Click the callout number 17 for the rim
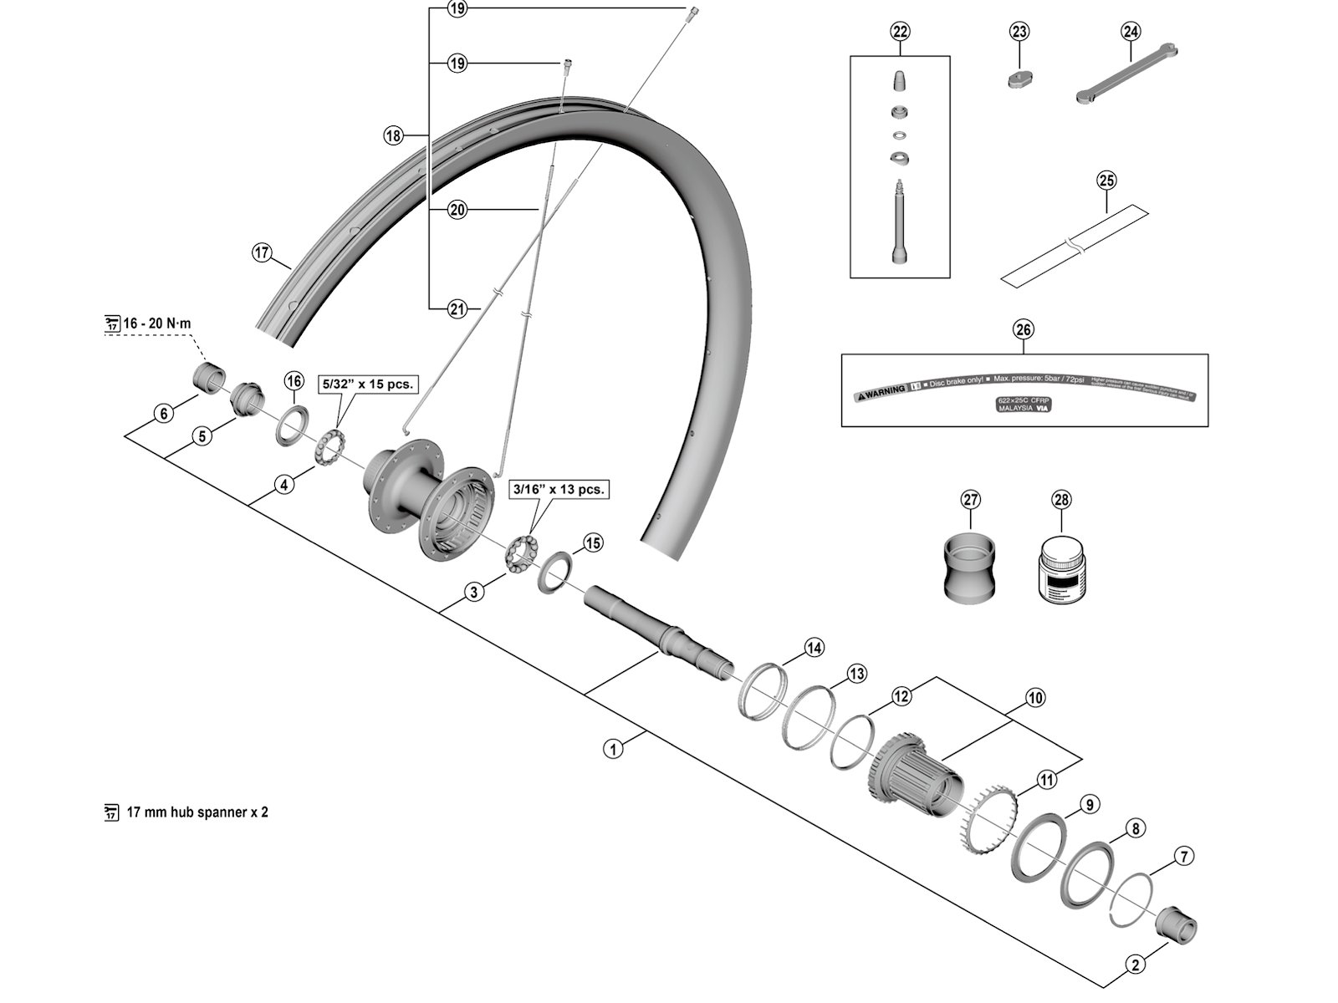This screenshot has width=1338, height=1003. coord(263,252)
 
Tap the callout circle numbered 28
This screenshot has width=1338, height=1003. coord(1060,500)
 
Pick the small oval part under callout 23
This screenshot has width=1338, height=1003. coord(1019,78)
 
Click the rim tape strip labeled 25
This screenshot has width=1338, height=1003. coord(1075,244)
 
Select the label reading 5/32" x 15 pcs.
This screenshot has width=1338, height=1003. coord(368,384)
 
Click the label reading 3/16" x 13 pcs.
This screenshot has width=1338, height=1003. coord(559,489)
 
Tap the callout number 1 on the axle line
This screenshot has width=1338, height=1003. coord(614,749)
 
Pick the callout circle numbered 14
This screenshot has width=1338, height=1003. coord(814,647)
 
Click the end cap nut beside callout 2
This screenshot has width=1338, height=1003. coord(1175,924)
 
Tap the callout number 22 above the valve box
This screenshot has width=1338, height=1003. coord(899,32)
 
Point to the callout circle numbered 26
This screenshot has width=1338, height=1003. coord(1024,329)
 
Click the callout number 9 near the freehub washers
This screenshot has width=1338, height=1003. coord(1087,805)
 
